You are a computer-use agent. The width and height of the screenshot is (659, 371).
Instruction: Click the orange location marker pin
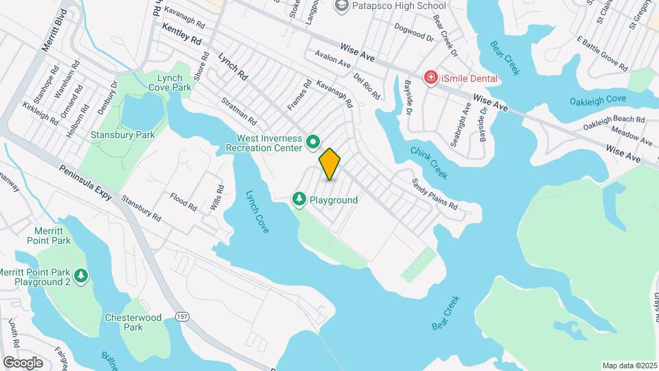tap(329, 164)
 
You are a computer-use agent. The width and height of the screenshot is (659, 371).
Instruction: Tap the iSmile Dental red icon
tap(430, 78)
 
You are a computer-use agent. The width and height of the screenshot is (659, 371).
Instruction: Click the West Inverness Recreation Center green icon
tap(313, 142)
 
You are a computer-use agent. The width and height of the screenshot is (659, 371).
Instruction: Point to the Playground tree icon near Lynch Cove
tap(299, 199)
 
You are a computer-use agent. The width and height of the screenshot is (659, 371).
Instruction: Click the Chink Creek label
tap(429, 163)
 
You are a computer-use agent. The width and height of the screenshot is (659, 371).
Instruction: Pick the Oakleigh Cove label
tap(597, 99)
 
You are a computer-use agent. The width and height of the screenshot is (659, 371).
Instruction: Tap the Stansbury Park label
tap(123, 135)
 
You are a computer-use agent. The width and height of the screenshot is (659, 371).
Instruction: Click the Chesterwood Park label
tap(124, 322)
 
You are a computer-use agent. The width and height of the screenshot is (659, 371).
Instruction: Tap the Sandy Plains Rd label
tap(435, 194)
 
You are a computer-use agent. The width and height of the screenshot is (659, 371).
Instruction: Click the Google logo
tap(23, 362)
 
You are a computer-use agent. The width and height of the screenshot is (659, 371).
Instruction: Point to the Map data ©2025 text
tap(629, 366)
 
